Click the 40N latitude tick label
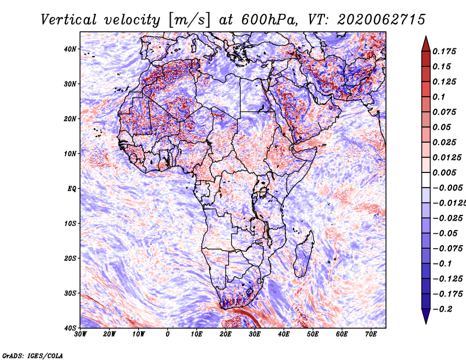(70, 49)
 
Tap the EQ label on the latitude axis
(72, 189)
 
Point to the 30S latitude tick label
(70, 294)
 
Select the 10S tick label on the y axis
(70, 224)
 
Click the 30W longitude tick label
(80, 334)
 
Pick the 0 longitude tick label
(168, 334)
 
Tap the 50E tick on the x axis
(313, 334)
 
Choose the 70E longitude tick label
(371, 334)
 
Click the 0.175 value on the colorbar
(444, 52)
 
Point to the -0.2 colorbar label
(442, 309)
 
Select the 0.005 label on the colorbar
(444, 173)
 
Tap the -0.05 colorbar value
(445, 234)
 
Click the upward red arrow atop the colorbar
(426, 44)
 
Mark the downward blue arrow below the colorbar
(426, 316)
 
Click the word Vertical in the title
(69, 20)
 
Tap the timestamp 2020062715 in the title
(382, 20)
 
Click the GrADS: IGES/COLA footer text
(33, 356)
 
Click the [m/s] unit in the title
(189, 20)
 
